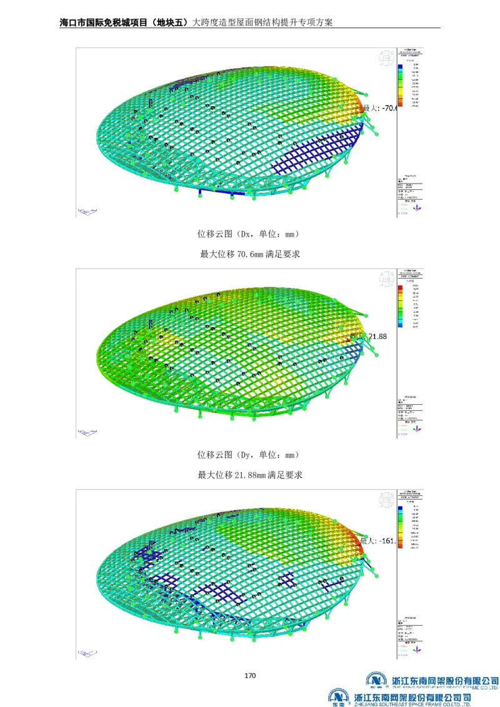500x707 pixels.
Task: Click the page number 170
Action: click(x=250, y=675)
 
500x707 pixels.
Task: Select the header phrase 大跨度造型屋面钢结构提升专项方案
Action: click(x=262, y=22)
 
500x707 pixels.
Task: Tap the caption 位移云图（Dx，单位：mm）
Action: click(x=249, y=234)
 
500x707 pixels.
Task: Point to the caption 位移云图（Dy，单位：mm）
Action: click(x=249, y=454)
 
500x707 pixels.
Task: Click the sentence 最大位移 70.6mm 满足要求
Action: click(x=249, y=254)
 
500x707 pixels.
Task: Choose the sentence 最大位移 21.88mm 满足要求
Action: click(x=249, y=475)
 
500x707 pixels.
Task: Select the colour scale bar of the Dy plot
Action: click(x=400, y=306)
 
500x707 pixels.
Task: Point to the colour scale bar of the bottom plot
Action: click(x=400, y=528)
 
